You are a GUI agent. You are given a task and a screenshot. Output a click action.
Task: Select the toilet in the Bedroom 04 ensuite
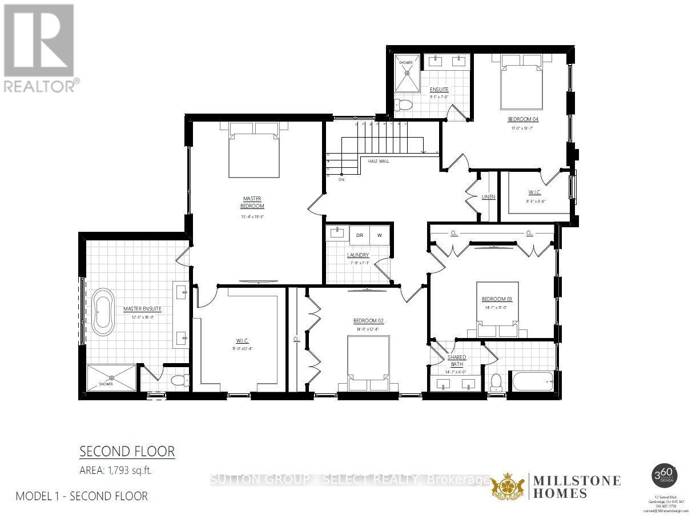click(x=404, y=105)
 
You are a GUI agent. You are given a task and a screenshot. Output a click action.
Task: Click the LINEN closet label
click(x=488, y=197)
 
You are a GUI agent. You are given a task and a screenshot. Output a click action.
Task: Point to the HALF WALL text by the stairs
click(x=379, y=162)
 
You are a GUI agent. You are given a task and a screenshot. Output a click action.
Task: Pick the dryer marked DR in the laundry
click(x=360, y=235)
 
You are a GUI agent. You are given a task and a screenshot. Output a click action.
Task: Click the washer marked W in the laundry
click(x=379, y=235)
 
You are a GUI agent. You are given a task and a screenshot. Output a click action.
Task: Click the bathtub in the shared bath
click(x=532, y=380)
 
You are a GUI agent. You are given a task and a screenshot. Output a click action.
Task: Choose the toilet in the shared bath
click(x=496, y=381)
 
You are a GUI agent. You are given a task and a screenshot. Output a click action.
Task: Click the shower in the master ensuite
click(x=112, y=378)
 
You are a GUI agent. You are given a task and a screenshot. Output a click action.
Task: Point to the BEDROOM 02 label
click(x=368, y=321)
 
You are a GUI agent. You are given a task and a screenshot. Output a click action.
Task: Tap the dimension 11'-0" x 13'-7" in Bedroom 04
click(x=523, y=128)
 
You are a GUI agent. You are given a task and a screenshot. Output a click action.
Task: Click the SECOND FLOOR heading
click(x=127, y=452)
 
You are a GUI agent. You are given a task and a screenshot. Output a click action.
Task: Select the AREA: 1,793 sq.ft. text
click(x=116, y=470)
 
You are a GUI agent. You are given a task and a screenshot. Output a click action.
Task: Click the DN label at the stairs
click(x=341, y=179)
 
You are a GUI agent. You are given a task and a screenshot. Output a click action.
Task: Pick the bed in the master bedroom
click(x=254, y=151)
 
